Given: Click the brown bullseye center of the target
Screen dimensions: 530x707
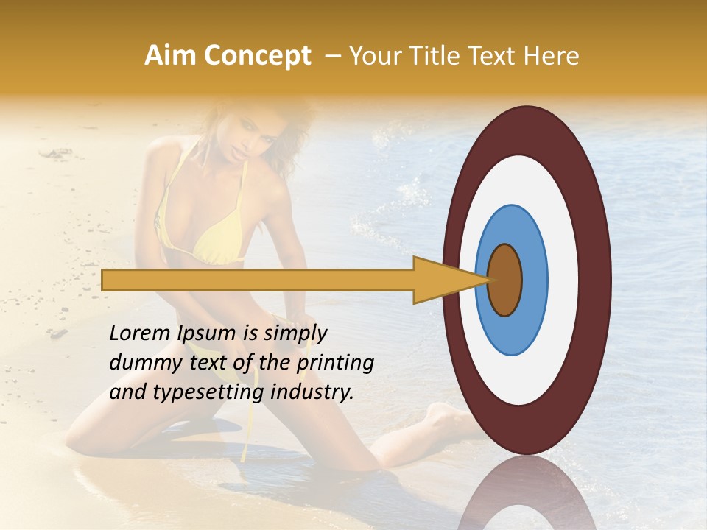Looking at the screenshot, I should pyautogui.click(x=505, y=280).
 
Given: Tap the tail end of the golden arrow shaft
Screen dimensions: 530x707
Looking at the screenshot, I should pyautogui.click(x=107, y=280).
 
